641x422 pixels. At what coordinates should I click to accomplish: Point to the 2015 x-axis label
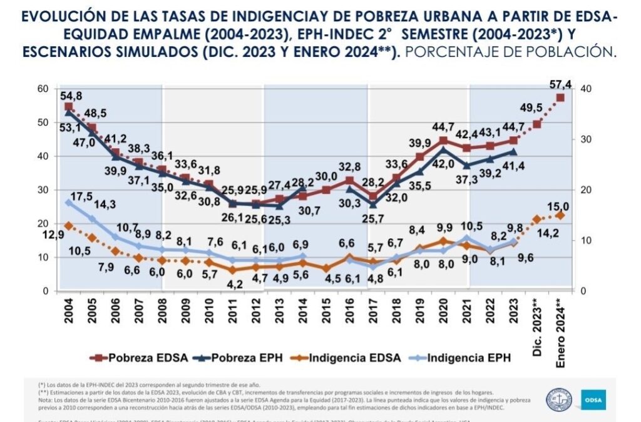pos(326,311)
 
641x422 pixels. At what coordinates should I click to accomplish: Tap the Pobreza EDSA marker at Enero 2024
pos(560,98)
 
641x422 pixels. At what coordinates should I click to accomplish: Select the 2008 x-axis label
pos(161,311)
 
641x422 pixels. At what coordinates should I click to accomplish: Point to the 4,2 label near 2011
pos(234,283)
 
